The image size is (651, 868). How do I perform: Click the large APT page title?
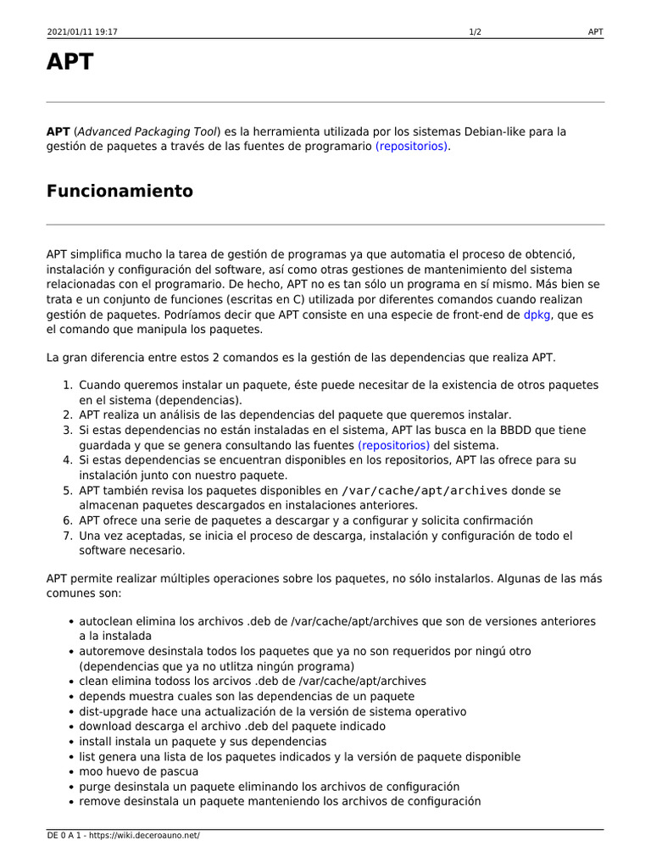coord(70,64)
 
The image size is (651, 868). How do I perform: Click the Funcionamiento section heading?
coord(120,192)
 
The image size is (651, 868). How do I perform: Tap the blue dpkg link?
coord(537,314)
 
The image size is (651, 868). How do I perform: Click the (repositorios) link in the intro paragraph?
coord(413,147)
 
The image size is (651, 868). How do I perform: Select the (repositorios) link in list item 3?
coord(393,445)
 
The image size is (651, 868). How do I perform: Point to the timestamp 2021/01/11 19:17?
coord(82,32)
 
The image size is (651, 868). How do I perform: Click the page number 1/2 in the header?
coord(476,32)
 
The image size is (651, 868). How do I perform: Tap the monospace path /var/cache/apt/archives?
coord(425,491)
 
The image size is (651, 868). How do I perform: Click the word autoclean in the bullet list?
coord(106,621)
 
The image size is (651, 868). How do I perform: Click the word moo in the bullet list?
coord(92,772)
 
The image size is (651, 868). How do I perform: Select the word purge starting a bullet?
coord(96,787)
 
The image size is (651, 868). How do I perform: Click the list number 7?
coord(67,536)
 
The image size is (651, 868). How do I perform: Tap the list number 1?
coord(67,386)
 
